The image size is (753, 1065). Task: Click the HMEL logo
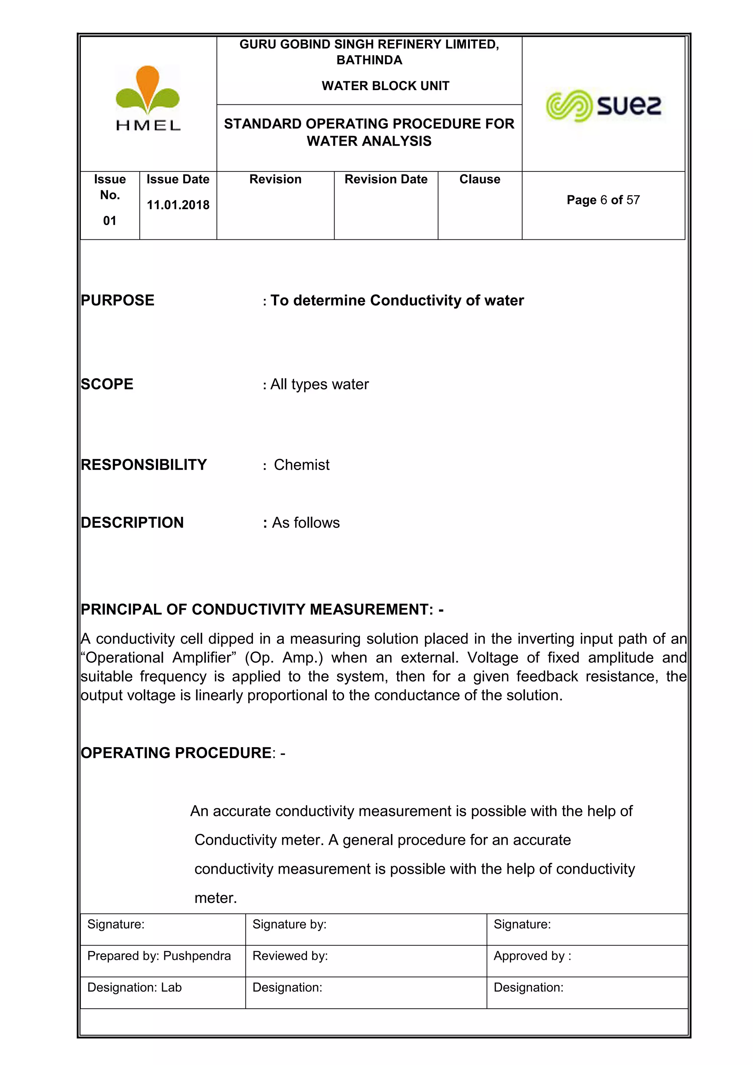(147, 98)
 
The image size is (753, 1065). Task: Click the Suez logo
(603, 105)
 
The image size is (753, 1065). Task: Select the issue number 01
(110, 220)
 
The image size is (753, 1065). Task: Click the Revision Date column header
(386, 179)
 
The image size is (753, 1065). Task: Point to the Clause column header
(479, 179)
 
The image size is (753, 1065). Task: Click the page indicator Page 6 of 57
(603, 200)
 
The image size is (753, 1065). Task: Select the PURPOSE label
(117, 300)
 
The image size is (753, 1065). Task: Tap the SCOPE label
(107, 384)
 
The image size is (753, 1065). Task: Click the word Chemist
(301, 465)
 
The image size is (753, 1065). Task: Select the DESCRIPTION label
(132, 523)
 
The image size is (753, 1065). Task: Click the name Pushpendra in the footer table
(197, 956)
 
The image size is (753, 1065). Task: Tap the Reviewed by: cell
(290, 956)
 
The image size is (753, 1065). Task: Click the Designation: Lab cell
(135, 987)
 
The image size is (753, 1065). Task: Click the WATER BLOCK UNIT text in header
(385, 86)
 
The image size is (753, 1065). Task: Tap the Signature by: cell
(289, 925)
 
